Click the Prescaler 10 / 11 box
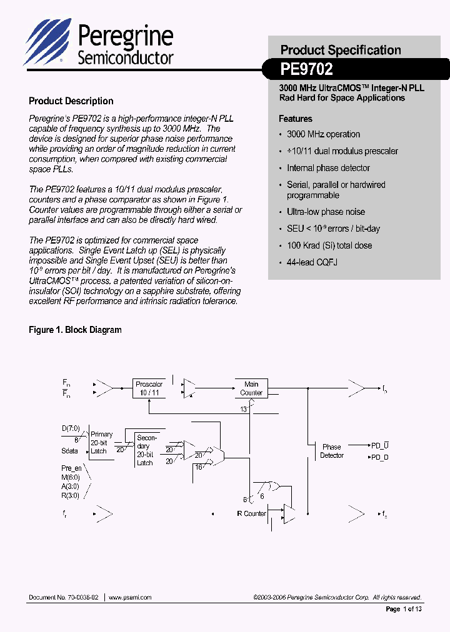(x=149, y=388)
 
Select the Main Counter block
(x=251, y=388)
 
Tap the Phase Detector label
(x=331, y=451)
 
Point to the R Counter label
(x=251, y=513)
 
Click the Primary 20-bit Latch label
(x=101, y=443)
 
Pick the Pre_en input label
(x=71, y=468)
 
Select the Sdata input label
(x=70, y=450)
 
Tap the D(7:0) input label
(x=71, y=428)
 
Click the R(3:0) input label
(x=70, y=495)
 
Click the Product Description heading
(x=71, y=101)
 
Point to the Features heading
(x=295, y=119)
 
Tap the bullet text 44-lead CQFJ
(x=312, y=262)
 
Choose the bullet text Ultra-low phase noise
(x=326, y=212)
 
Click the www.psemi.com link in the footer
(x=130, y=598)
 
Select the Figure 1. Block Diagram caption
(x=75, y=330)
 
